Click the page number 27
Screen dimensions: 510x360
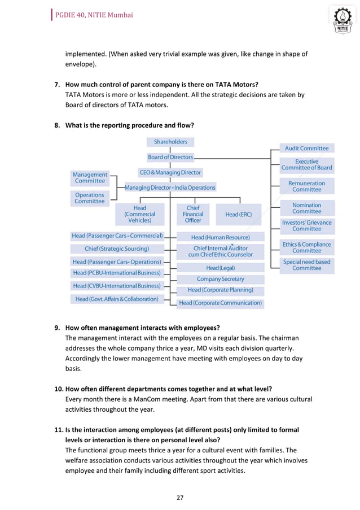click(x=180, y=498)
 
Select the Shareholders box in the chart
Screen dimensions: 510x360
click(x=170, y=142)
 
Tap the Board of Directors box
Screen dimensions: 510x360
click(x=170, y=157)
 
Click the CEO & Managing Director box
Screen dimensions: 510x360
click(x=170, y=172)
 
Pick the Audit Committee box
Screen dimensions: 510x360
click(x=307, y=148)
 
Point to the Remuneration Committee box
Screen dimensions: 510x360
click(x=307, y=186)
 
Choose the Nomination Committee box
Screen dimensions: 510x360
click(x=307, y=208)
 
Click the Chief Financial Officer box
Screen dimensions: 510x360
click(x=193, y=214)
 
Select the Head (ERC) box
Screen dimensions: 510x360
click(x=238, y=215)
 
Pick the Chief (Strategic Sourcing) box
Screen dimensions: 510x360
click(x=117, y=249)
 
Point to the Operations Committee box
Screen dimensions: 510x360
click(x=90, y=198)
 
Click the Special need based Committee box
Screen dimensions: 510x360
click(x=307, y=265)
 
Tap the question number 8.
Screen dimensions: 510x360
click(x=57, y=125)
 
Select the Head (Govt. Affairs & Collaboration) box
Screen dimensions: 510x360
click(x=117, y=299)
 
